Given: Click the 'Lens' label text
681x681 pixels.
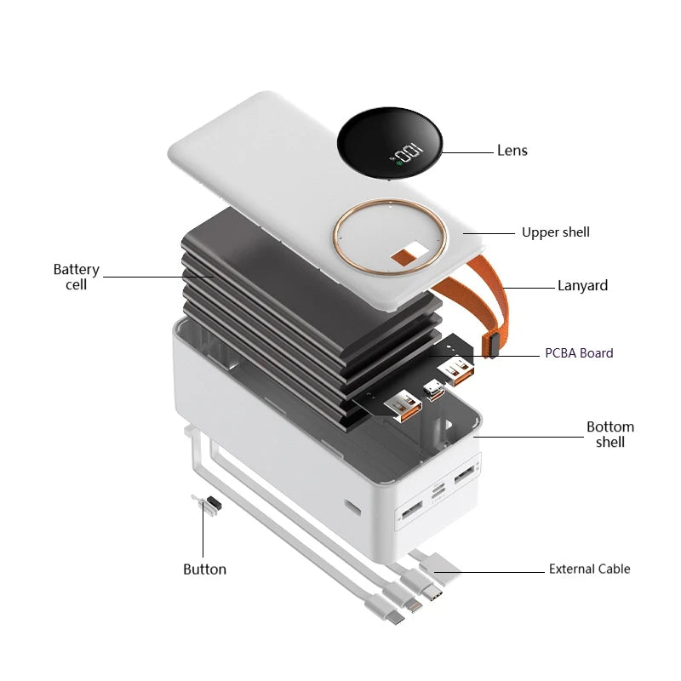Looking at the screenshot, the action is [512, 151].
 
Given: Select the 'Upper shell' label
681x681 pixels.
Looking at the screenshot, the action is [556, 232].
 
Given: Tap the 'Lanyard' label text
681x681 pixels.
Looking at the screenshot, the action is [582, 286].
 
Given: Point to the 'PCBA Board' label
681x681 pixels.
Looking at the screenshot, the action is [579, 353].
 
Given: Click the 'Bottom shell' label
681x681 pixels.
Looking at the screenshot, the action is [610, 434].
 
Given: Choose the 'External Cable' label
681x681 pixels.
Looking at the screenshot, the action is [589, 569].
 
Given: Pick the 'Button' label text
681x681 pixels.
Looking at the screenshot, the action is [204, 569].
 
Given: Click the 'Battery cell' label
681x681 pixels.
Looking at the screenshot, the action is [77, 277].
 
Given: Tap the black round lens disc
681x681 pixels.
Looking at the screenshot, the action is [390, 143].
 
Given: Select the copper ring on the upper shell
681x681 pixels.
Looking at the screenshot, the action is [390, 200].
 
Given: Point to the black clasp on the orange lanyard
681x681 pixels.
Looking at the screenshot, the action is [491, 346].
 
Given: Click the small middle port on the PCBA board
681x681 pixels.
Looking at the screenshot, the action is [434, 390].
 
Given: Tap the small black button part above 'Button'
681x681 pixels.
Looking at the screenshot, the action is [215, 504].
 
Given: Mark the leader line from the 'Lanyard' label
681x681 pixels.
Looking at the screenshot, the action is [529, 288].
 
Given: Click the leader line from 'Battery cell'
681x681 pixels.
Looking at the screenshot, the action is [158, 277].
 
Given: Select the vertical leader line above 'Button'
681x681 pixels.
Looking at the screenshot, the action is [203, 529].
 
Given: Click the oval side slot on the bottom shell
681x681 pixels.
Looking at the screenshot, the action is [353, 506].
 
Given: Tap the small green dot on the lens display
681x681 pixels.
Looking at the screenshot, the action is [399, 163].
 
